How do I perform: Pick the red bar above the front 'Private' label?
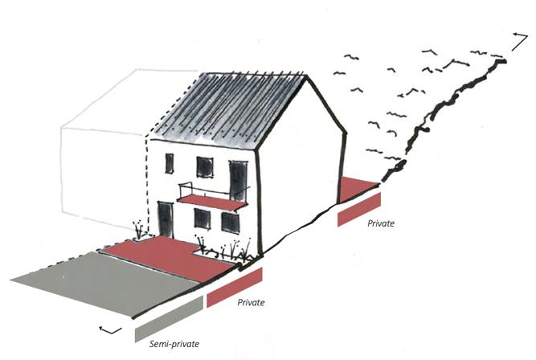tap(235, 288)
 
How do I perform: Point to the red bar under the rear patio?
tap(359, 209)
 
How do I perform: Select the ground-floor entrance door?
tap(166, 219)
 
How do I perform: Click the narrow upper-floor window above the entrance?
tap(170, 164)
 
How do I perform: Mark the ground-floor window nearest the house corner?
tap(230, 223)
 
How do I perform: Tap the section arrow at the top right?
tap(517, 36)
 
